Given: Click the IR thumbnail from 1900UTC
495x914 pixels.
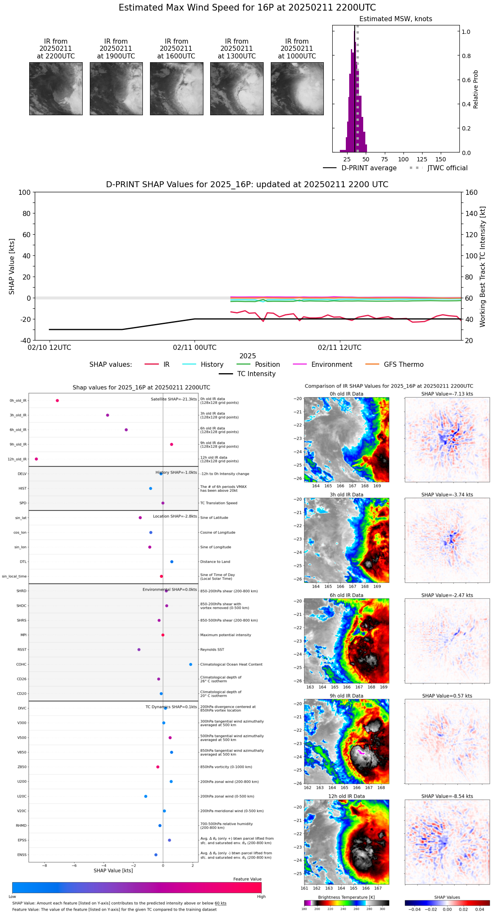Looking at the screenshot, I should coord(116,89).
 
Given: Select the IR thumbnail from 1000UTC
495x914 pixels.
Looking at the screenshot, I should coord(297,89).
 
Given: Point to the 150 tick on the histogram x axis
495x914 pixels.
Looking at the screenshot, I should coord(441,159).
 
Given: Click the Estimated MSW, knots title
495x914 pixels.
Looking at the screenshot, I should coord(395,19).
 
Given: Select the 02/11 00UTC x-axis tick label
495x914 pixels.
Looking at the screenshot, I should coord(195,348).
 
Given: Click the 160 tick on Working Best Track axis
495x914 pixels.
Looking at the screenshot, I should coord(472,192).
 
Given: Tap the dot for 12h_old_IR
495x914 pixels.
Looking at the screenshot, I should coord(36,459).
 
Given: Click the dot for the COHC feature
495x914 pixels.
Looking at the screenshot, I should coord(191,665).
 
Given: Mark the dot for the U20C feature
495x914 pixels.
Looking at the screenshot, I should coord(146,796).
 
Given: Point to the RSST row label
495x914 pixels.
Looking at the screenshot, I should coord(22,650).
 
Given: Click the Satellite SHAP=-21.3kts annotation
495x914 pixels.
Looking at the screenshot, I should coord(174,399).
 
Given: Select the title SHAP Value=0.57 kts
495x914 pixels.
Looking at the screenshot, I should coord(447,696).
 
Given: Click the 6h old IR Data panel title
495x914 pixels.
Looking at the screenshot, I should coord(346,595).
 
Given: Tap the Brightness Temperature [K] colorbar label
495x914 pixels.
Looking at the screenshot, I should coord(346,897).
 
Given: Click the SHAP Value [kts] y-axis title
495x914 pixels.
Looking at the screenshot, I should coord(12,266).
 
